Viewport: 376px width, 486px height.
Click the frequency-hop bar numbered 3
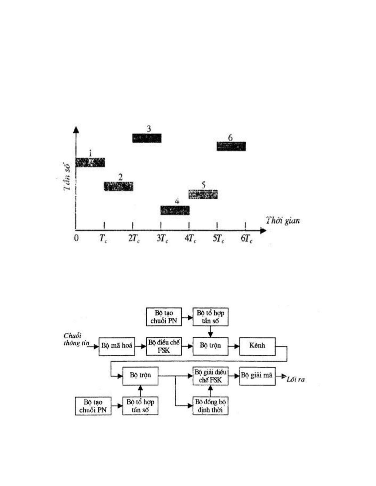[147, 138]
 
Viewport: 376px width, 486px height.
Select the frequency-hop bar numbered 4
[175, 210]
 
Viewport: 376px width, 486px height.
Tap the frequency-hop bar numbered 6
[231, 146]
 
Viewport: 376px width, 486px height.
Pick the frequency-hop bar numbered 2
[118, 186]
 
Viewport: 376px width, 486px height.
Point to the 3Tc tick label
[162, 239]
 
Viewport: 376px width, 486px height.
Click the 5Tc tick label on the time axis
[219, 239]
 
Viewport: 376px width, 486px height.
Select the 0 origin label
[76, 238]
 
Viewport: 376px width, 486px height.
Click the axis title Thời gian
[283, 220]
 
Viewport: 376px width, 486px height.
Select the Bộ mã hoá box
[117, 346]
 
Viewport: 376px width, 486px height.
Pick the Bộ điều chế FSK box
[164, 346]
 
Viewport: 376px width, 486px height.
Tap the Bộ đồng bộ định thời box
[211, 406]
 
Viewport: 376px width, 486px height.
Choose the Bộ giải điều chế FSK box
[211, 376]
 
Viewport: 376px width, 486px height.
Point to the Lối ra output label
[296, 380]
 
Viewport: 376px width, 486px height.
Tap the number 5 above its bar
[203, 185]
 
